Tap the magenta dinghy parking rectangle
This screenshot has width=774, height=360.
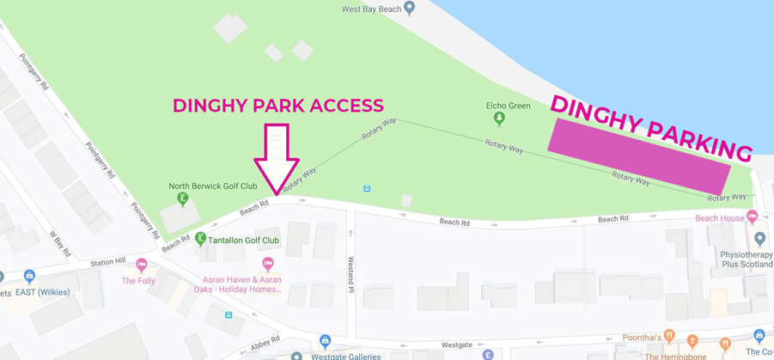pyautogui.click(x=639, y=156)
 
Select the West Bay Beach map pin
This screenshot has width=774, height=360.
pyautogui.click(x=410, y=9)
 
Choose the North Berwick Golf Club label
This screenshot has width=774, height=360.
pyautogui.click(x=212, y=186)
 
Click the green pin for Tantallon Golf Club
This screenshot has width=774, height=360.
pyautogui.click(x=200, y=239)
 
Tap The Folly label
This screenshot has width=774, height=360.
pyautogui.click(x=138, y=281)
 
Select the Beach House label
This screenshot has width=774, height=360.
pyautogui.click(x=720, y=218)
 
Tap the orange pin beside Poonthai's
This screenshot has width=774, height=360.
pyautogui.click(x=668, y=336)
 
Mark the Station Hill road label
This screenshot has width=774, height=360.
pyautogui.click(x=108, y=261)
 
